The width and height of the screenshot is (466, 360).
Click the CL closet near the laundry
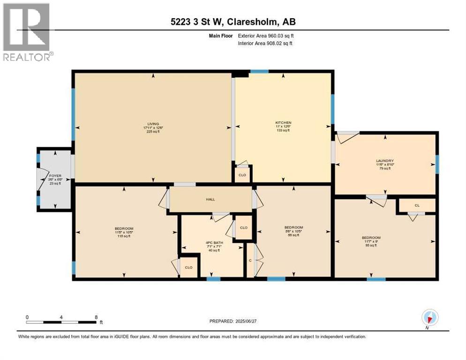point(417,205)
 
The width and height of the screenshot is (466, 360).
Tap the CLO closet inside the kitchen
point(242,175)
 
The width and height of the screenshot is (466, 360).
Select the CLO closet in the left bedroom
point(188,268)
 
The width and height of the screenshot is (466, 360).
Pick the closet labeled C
point(250,260)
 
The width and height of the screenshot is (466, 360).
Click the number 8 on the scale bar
point(96,317)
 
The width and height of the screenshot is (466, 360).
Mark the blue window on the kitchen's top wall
point(259,71)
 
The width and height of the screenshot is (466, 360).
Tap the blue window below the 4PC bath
point(214,279)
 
